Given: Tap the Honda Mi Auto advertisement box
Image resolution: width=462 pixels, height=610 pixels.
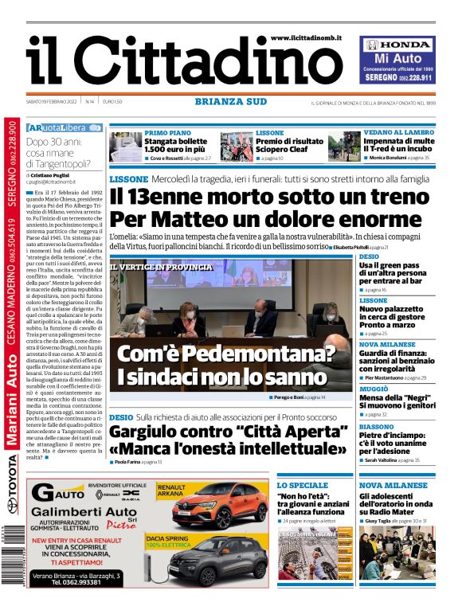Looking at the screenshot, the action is tap(397, 61).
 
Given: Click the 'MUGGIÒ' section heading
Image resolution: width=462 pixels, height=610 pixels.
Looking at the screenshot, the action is tap(374, 389).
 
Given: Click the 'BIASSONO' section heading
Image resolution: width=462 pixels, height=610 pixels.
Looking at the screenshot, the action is tap(377, 426).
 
